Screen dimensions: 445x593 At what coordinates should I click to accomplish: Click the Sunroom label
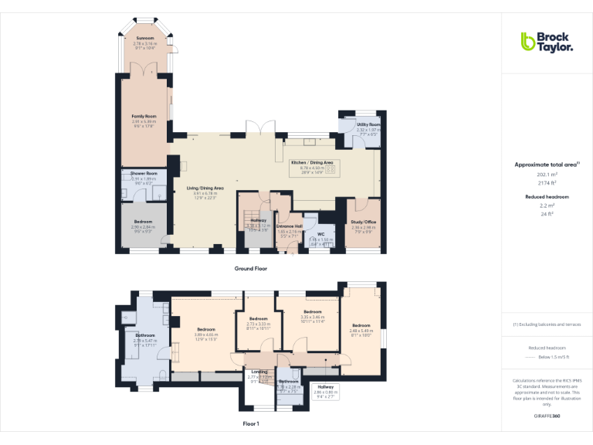[x=144, y=37]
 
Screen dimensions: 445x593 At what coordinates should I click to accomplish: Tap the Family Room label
[x=144, y=116]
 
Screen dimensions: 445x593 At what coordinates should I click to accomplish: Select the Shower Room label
[x=144, y=173]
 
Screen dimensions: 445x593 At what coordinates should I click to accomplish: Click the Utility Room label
[x=368, y=124]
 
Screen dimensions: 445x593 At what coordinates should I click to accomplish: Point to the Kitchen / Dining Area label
[x=311, y=162]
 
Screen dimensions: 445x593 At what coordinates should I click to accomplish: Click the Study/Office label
[x=363, y=222]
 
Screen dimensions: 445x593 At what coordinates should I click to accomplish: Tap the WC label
[x=320, y=234]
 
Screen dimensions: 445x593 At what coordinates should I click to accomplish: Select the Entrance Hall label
[x=288, y=226]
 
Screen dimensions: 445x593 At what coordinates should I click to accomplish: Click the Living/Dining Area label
[x=205, y=188]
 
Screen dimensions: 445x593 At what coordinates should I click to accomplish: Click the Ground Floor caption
[x=251, y=268]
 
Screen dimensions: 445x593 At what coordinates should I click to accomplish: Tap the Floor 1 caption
[x=251, y=423]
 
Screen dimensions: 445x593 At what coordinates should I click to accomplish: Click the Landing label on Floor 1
[x=259, y=372]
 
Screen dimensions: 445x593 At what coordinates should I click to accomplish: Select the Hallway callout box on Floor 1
[x=326, y=389]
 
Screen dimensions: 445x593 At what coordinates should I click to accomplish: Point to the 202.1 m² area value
[x=547, y=174]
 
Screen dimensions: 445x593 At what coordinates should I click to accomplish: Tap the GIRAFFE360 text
[x=547, y=416]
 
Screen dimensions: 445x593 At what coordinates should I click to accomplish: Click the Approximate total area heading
[x=547, y=165]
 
